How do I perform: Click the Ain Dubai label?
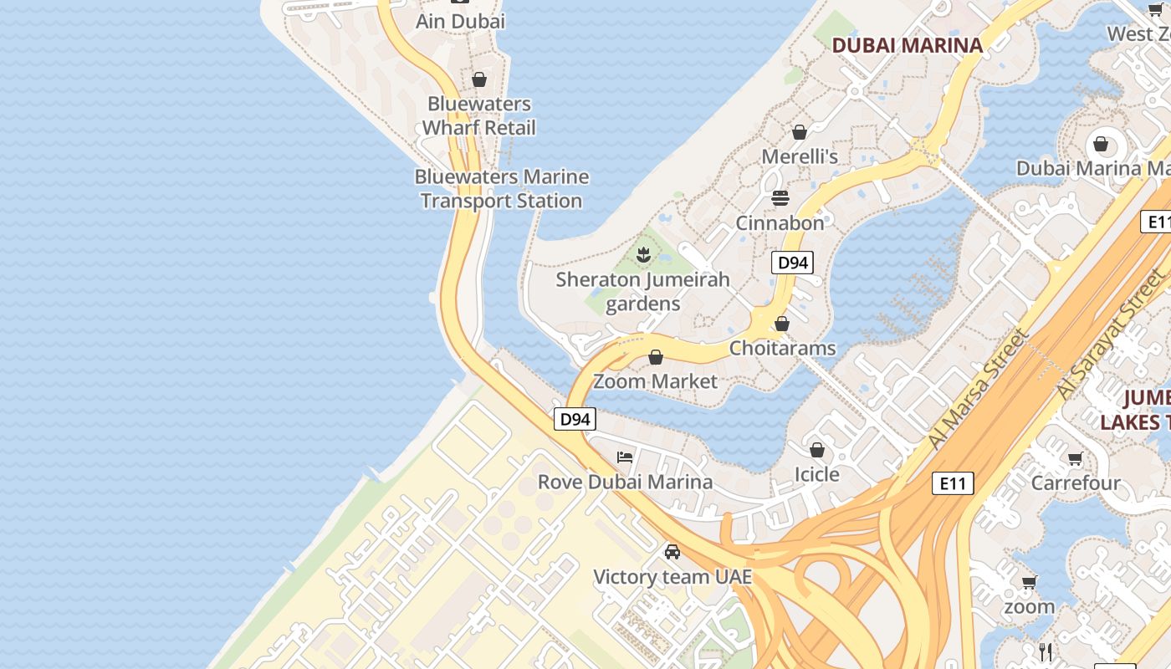point(461,21)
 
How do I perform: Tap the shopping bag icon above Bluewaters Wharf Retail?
point(479,79)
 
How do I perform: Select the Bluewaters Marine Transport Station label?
point(502,189)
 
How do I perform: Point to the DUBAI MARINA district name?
point(908,46)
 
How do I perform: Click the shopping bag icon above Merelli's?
point(800,132)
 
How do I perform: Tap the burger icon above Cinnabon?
point(780,198)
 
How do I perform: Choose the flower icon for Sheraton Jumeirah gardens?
point(643,254)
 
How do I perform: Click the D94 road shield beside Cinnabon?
point(792,263)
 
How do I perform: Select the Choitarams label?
point(783,348)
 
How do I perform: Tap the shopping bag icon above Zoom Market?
point(656,357)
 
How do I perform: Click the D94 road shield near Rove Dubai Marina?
point(575,419)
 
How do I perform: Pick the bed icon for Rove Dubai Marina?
point(625,457)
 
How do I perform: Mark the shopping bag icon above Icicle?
point(817,450)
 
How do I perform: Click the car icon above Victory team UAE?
point(672,552)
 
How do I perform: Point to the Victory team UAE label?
point(672,577)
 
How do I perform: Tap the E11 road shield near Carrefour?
point(953,483)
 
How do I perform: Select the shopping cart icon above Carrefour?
point(1075,458)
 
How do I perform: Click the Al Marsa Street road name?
point(977,390)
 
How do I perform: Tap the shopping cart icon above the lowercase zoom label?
point(1029,582)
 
